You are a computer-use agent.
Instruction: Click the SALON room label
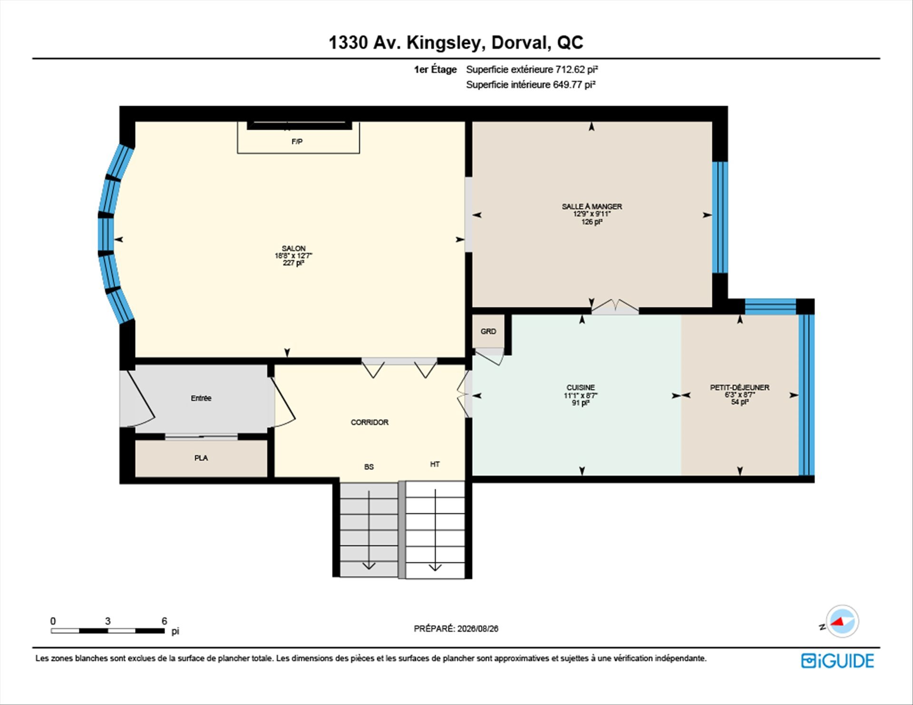293,248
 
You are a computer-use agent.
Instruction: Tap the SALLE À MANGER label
592,206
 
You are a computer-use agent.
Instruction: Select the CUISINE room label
581,387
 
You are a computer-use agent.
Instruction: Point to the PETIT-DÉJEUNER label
739,387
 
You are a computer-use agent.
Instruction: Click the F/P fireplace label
297,141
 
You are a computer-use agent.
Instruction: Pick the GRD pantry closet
488,331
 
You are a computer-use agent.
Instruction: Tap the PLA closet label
201,458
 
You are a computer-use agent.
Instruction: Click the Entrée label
201,398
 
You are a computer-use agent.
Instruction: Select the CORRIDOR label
369,422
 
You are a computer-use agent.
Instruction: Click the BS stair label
369,467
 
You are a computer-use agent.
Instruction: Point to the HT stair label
435,464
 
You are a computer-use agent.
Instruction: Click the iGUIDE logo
837,661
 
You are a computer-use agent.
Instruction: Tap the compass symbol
842,621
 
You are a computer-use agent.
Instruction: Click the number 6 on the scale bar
165,621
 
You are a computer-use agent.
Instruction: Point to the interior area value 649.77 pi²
574,85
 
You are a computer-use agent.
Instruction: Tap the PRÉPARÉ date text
456,628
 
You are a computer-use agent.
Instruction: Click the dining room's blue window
720,217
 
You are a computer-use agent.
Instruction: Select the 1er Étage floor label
435,70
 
